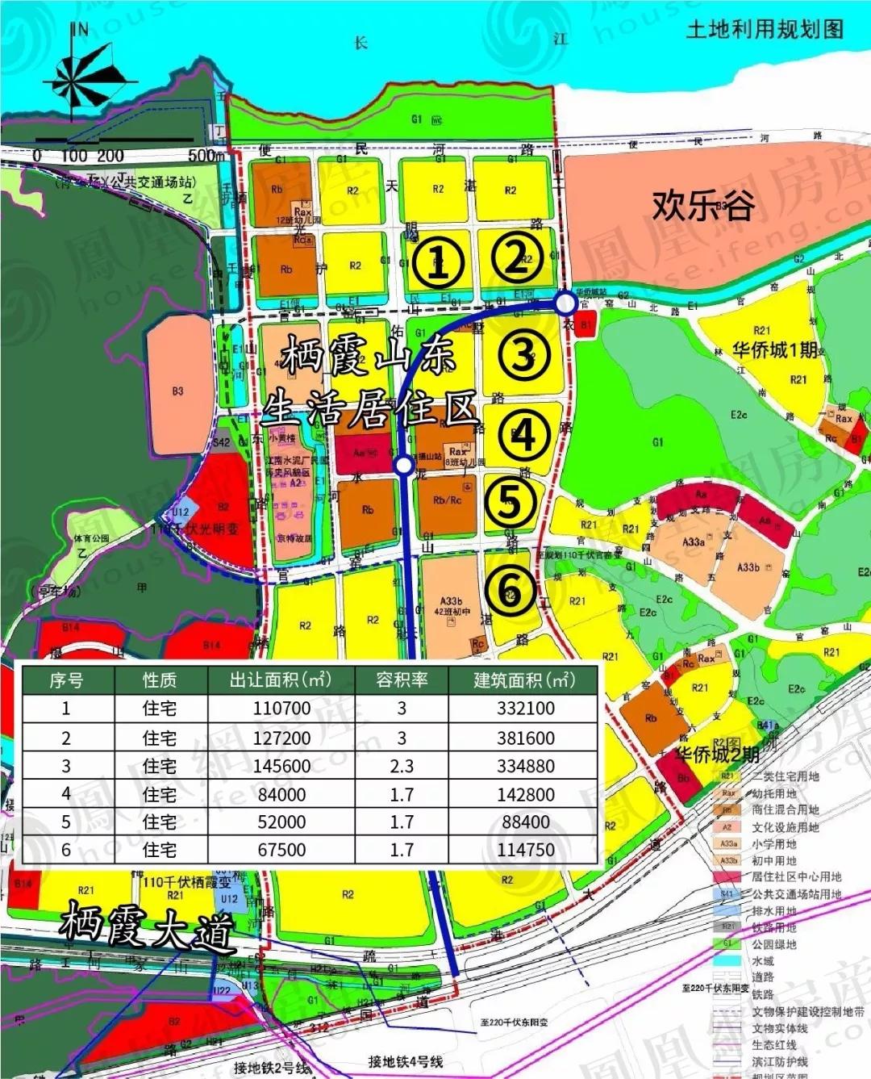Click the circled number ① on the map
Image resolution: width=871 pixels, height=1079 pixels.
point(437,261)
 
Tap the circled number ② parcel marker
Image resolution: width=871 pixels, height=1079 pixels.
point(515,257)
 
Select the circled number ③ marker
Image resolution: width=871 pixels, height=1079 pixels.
point(523,354)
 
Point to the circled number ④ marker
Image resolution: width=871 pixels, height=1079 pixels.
point(523,435)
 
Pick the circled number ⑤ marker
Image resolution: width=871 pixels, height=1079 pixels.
point(510,503)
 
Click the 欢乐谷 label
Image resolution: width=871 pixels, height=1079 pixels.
point(703,205)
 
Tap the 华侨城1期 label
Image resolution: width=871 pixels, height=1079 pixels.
point(774,350)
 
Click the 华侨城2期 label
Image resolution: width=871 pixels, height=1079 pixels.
point(717,755)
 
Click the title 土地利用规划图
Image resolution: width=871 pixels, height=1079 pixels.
point(764,30)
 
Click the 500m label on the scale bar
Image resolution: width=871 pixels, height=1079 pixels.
point(206,155)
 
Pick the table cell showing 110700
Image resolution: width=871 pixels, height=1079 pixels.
point(281,709)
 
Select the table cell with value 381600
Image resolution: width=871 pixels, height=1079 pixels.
point(526,738)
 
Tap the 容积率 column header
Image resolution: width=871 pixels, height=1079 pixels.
point(402,680)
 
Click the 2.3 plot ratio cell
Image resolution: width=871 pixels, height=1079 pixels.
point(402,766)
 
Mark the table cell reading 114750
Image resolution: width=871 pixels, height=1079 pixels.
point(526,850)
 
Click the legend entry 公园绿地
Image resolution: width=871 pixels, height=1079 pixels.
point(773,944)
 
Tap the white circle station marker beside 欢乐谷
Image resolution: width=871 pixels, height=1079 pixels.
point(566,303)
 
